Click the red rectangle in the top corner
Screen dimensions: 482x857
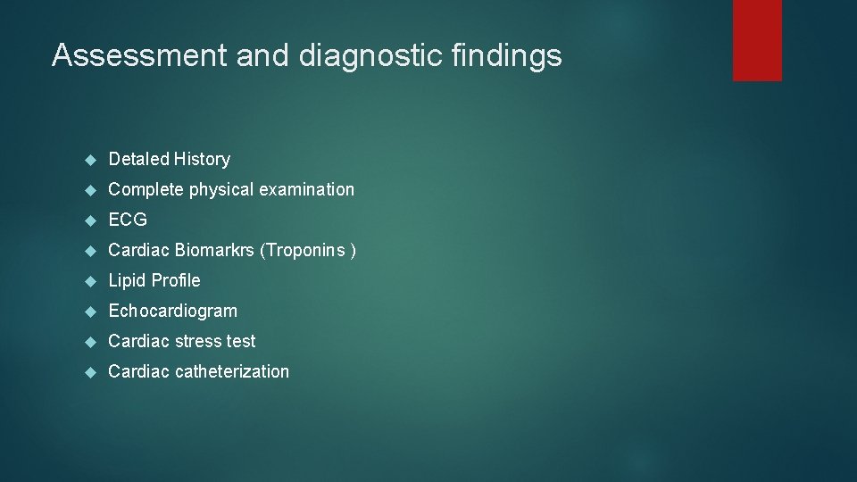pyautogui.click(x=757, y=39)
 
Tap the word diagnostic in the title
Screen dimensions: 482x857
pyautogui.click(x=370, y=55)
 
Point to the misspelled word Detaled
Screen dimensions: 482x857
pyautogui.click(x=138, y=159)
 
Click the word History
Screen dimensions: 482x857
pyautogui.click(x=202, y=159)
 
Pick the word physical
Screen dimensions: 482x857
pyautogui.click(x=221, y=189)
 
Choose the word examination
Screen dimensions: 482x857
pyautogui.click(x=306, y=189)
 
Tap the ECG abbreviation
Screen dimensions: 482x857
pyautogui.click(x=128, y=220)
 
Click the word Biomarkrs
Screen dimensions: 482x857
pyautogui.click(x=214, y=250)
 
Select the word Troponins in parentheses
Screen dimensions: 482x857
pyautogui.click(x=304, y=250)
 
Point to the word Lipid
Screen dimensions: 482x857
pyautogui.click(x=128, y=280)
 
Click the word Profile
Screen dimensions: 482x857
pyautogui.click(x=176, y=280)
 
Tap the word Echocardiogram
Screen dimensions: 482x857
pyautogui.click(x=172, y=311)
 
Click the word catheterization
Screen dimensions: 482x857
pyautogui.click(x=231, y=371)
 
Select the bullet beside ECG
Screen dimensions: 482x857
pyautogui.click(x=89, y=220)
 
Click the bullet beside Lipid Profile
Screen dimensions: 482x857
pyautogui.click(x=89, y=281)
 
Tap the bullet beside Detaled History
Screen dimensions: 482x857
pyautogui.click(x=89, y=160)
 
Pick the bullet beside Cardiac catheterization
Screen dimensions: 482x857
pyautogui.click(x=89, y=372)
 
